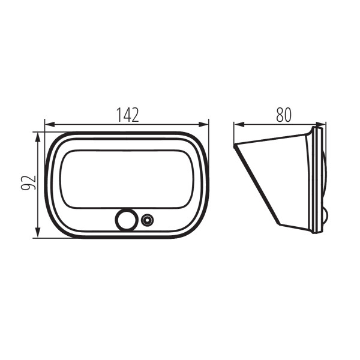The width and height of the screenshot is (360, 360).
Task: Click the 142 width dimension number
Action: point(128,115)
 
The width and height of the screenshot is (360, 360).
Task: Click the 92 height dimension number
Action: point(28,182)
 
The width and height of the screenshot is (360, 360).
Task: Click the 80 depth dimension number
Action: point(284,115)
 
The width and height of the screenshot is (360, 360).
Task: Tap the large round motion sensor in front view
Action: point(126,220)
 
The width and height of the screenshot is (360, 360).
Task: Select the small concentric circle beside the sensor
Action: point(147,220)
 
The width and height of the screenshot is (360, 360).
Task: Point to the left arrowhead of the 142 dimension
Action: point(50,125)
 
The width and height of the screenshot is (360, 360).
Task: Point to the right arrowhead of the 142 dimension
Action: point(203,125)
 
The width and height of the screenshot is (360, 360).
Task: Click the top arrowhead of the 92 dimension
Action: point(38,137)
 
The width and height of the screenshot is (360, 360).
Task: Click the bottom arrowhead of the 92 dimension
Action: point(38,233)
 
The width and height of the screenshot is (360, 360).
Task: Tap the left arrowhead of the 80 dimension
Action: point(239,125)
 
